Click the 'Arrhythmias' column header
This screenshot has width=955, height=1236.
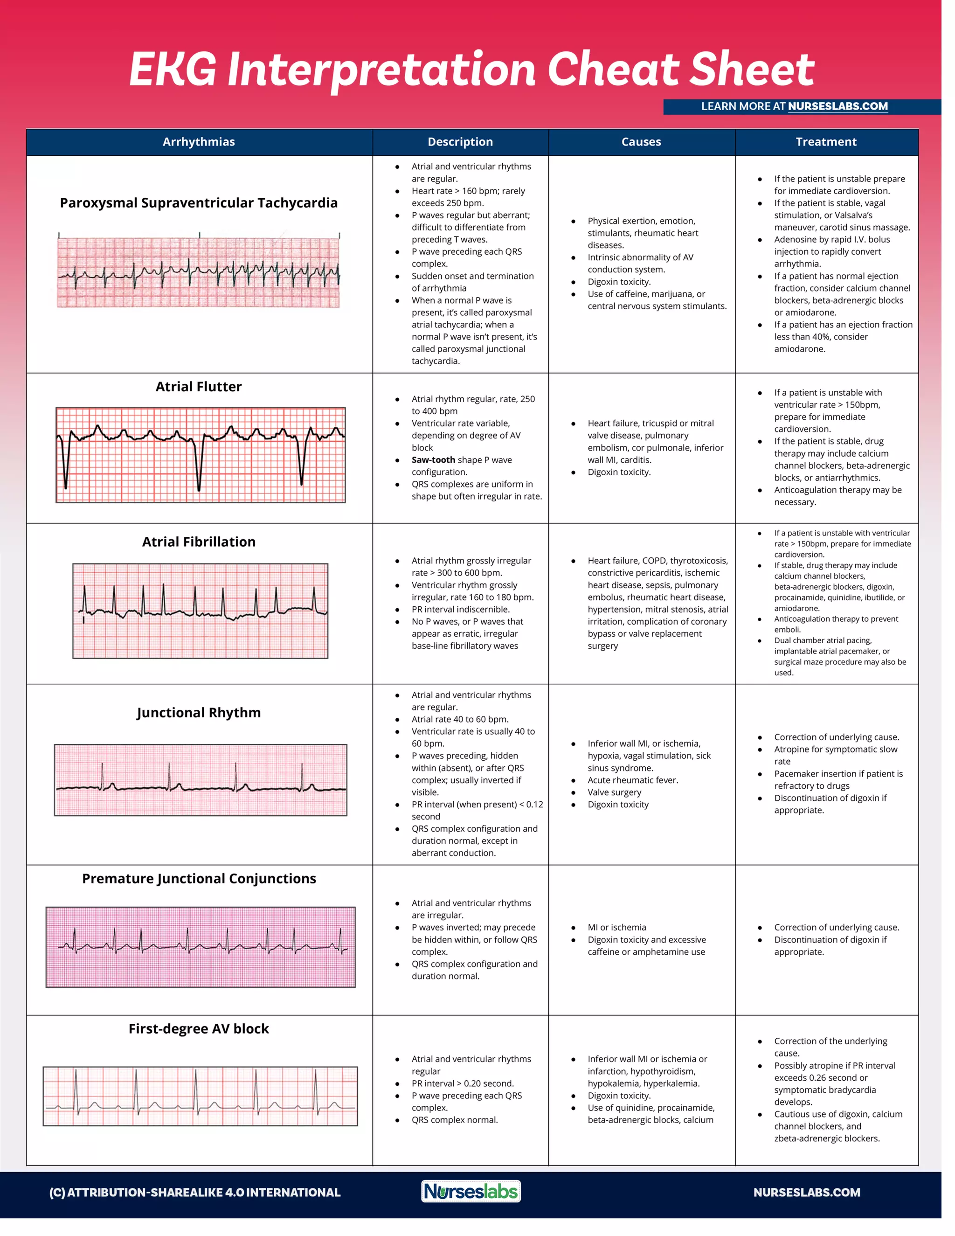pyautogui.click(x=199, y=142)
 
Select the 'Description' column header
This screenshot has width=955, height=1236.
pyautogui.click(x=460, y=142)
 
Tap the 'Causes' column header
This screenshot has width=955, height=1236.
pyautogui.click(x=641, y=142)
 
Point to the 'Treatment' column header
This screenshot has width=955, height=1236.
pyautogui.click(x=826, y=142)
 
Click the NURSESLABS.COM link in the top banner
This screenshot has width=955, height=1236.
pyautogui.click(x=837, y=106)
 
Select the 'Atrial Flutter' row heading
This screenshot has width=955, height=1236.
pyautogui.click(x=199, y=387)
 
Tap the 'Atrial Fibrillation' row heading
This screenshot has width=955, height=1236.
pyautogui.click(x=199, y=542)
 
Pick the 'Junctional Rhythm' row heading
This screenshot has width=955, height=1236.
pyautogui.click(x=199, y=713)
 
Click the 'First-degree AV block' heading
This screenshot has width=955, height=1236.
pyautogui.click(x=199, y=1028)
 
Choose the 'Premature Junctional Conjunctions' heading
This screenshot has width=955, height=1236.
pyautogui.click(x=199, y=878)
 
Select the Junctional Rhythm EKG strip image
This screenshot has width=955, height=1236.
pyautogui.click(x=200, y=780)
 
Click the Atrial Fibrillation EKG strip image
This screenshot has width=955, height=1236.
pyautogui.click(x=200, y=611)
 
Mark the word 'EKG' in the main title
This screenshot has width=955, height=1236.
pyautogui.click(x=173, y=69)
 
